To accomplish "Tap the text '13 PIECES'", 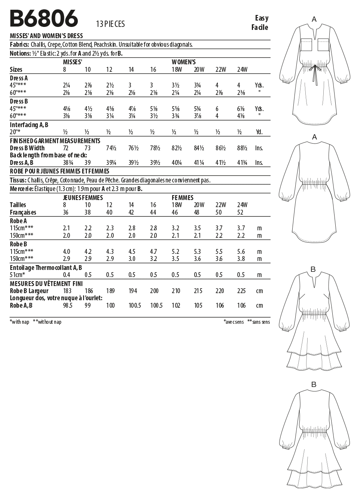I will pos(110,24).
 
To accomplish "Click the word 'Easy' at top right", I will pos(262,18).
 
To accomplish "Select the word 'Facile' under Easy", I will pos(260,27).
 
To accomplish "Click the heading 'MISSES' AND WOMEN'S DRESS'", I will pos(46,36).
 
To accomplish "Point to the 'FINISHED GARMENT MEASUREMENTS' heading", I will pos(55,141).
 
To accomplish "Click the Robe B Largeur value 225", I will pos(242,291).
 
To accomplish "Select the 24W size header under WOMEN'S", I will pos(242,70).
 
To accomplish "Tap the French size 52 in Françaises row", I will pos(240,212).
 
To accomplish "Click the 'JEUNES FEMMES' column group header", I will pos(83,197).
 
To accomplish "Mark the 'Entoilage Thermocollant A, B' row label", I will pos(46,268).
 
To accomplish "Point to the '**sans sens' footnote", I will pos(259,322).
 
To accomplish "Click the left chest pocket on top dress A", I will pos(306,45).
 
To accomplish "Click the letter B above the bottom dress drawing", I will pos(314,384).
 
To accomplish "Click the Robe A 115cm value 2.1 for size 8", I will pos(67,228).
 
